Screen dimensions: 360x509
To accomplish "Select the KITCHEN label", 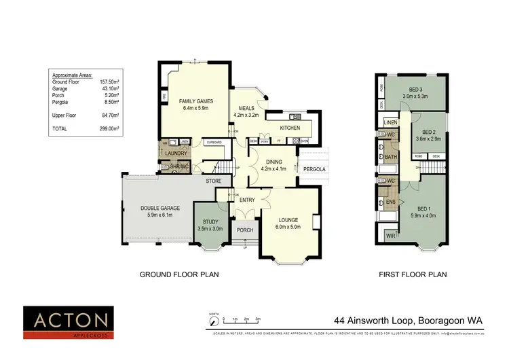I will click(x=289, y=127).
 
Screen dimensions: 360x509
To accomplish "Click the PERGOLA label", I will click(x=314, y=168).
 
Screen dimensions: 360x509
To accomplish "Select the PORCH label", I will click(x=244, y=230).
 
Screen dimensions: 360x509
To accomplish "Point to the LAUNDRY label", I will click(x=176, y=154).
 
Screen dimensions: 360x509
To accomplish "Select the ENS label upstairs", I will click(x=390, y=202).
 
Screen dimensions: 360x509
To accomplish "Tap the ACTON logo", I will click(x=66, y=320).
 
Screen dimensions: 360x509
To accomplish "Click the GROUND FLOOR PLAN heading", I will click(x=179, y=275).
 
